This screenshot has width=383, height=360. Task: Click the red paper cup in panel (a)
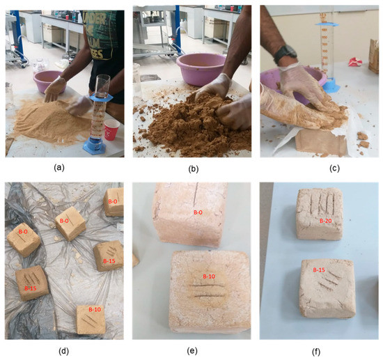[x=111, y=129]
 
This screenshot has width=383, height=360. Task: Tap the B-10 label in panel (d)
[x=95, y=308]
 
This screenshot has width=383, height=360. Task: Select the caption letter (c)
[x=318, y=166]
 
